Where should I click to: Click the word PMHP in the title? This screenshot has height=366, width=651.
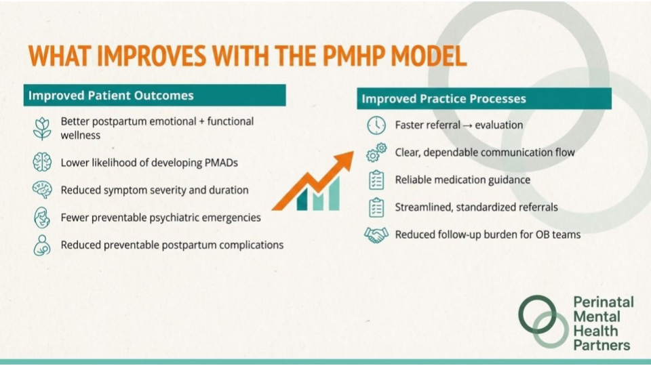[353, 56]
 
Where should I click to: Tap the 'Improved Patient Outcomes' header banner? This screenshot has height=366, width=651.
[155, 95]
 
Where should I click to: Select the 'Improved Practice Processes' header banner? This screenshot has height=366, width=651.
[484, 98]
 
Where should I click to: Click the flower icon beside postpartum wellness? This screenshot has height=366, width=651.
[42, 128]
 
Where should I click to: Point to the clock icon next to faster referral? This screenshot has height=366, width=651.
[376, 125]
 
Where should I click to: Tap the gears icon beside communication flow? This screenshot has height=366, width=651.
[376, 152]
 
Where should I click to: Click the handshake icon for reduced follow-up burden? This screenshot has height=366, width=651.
[376, 235]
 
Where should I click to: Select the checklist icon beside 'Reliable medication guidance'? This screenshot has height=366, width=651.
[376, 180]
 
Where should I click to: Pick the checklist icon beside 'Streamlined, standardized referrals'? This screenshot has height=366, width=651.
[376, 207]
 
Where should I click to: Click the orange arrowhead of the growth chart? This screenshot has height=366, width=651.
[344, 160]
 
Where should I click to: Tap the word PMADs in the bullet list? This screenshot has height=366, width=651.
[221, 163]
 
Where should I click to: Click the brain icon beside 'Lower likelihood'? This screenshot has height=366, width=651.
[42, 162]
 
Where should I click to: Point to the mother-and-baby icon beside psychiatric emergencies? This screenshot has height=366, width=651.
[42, 218]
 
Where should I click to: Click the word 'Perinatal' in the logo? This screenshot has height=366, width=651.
[604, 302]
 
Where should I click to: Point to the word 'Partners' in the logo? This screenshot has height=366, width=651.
[601, 345]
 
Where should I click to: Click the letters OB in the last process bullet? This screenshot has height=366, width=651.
[542, 235]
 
